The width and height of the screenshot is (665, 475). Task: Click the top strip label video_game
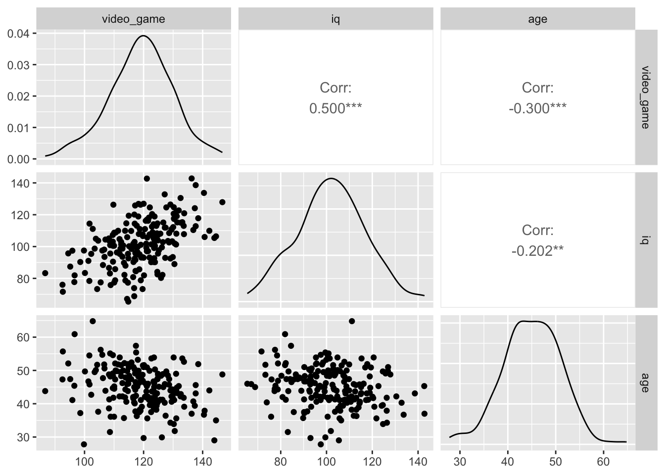point(133,19)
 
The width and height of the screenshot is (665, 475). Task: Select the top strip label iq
point(335,19)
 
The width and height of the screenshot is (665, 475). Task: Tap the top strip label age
point(537,19)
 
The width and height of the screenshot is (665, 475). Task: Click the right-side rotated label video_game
point(645,96)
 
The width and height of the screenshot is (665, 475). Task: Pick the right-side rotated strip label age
point(645,381)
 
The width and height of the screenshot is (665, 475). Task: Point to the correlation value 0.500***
point(335,108)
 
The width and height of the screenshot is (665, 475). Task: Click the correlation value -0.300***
point(537,108)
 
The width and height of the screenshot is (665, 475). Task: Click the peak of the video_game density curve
point(143,36)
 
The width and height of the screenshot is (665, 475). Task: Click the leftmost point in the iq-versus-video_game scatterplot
point(45,273)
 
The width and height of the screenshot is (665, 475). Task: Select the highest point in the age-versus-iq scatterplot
point(352,321)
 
